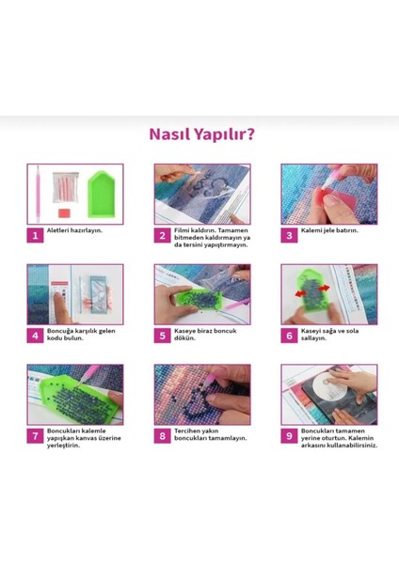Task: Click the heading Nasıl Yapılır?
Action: tap(201, 133)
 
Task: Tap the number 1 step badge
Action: tap(34, 235)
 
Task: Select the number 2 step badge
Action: tap(162, 235)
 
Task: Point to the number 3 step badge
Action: tap(289, 235)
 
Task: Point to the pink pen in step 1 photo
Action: tap(39, 193)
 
